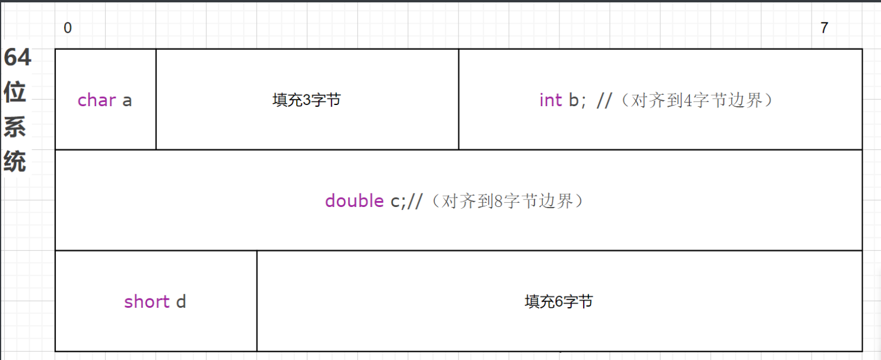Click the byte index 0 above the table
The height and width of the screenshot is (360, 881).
(x=68, y=28)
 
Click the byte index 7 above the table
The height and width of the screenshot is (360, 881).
(x=824, y=28)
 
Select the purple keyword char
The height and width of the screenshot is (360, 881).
(x=97, y=100)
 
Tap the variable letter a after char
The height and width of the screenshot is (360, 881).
(x=127, y=101)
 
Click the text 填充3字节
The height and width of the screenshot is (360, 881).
(x=307, y=100)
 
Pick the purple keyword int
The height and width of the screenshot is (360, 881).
(x=551, y=100)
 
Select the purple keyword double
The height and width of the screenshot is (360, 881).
(x=354, y=201)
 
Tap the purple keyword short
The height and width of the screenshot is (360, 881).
(x=147, y=302)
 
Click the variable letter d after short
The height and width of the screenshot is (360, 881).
(x=181, y=302)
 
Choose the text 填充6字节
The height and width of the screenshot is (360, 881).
(x=559, y=302)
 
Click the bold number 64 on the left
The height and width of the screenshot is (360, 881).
(x=17, y=59)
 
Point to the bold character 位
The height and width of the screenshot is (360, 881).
(x=15, y=94)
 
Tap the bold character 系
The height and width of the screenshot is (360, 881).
(x=15, y=127)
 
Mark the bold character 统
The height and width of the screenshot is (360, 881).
(x=15, y=161)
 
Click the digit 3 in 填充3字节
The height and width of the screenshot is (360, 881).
(x=307, y=100)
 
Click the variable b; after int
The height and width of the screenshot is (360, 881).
(x=577, y=100)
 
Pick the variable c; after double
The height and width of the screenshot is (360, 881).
(x=397, y=202)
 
